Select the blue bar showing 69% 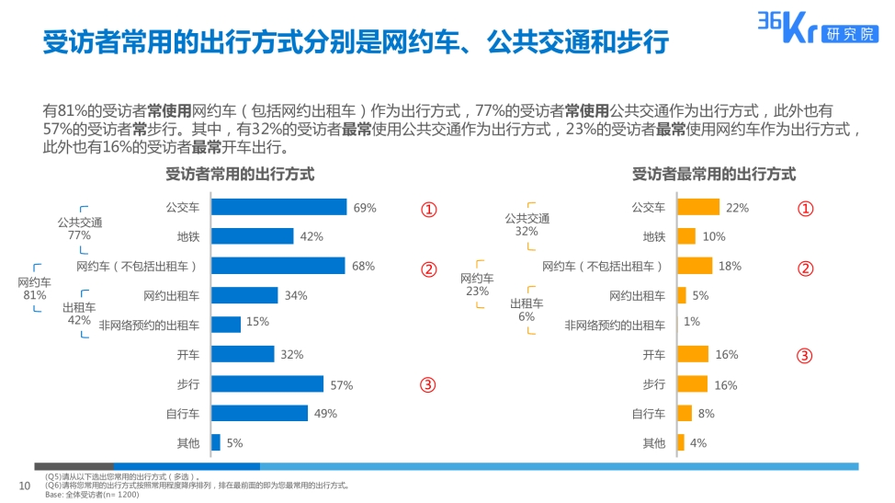(x=278, y=208)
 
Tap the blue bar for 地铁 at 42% (x=252, y=236)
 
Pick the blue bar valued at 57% (x=267, y=384)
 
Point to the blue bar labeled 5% (x=216, y=443)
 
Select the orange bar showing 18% (x=694, y=266)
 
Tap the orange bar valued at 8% (x=684, y=414)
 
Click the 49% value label (x=325, y=414)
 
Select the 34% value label (x=296, y=296)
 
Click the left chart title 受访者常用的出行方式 (x=240, y=174)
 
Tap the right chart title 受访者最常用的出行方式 (x=713, y=174)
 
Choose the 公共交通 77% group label (x=80, y=228)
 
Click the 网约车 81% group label (x=35, y=289)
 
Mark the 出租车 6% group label (x=527, y=310)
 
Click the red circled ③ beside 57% (x=428, y=384)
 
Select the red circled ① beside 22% (x=805, y=208)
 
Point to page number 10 (x=25, y=486)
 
